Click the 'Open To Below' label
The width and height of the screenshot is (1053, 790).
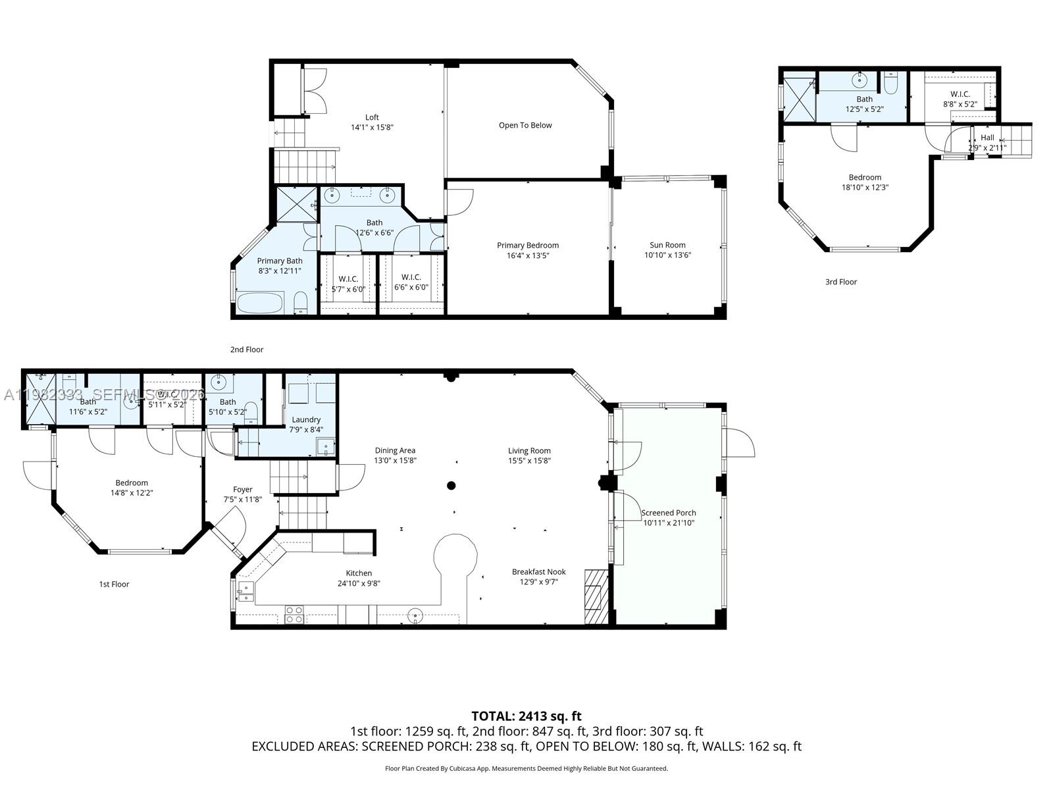[525, 125]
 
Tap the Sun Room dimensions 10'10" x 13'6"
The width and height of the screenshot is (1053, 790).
[667, 255]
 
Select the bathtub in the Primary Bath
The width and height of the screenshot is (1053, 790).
[260, 303]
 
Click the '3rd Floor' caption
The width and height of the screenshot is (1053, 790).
[841, 282]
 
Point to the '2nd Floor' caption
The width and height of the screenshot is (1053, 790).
[247, 350]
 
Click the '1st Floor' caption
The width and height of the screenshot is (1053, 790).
[114, 584]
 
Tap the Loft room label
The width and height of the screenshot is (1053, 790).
[372, 117]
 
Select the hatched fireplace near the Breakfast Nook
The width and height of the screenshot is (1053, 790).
[597, 596]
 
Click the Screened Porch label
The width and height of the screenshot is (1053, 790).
[669, 513]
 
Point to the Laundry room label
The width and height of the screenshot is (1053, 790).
[306, 419]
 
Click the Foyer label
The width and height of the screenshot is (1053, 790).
[243, 489]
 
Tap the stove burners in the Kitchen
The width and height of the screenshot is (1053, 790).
[294, 614]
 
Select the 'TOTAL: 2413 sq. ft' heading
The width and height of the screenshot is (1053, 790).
[526, 716]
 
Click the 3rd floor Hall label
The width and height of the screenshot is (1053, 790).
[987, 138]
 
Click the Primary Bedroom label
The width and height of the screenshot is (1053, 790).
[528, 246]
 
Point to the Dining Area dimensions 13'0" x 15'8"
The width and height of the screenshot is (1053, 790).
[395, 461]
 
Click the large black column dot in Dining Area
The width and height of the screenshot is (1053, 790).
[451, 486]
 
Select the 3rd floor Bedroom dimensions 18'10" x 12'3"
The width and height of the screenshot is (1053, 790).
[865, 188]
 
